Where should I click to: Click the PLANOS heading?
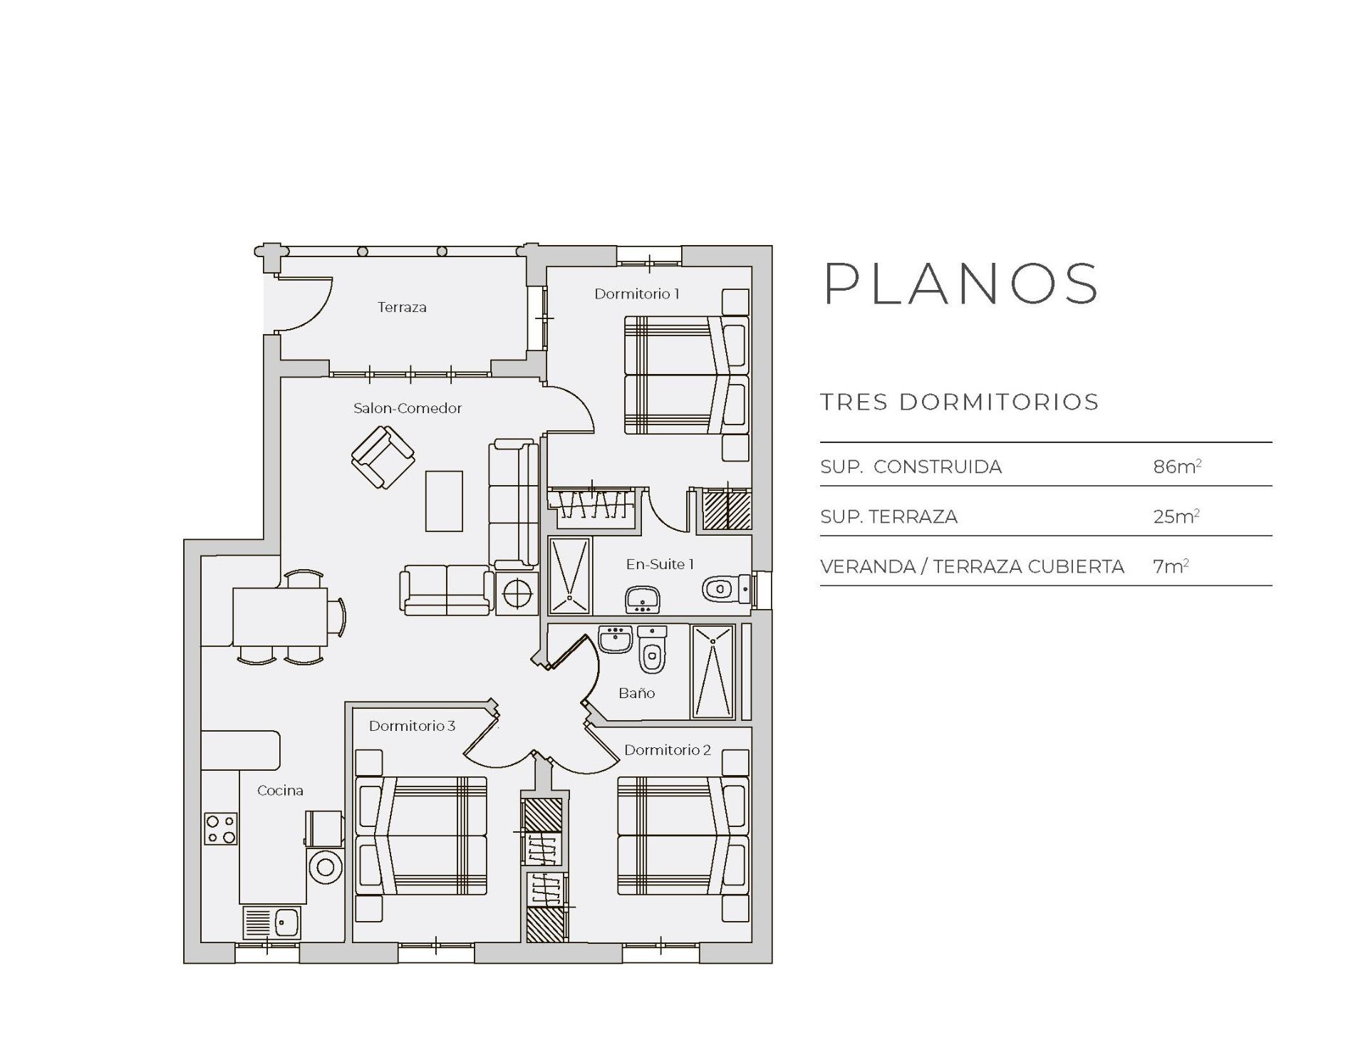(960, 284)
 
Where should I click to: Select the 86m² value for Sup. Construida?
(1176, 467)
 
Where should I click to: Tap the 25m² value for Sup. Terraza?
(1176, 516)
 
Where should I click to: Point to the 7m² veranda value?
(1170, 566)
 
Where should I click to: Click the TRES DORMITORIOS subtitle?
(959, 402)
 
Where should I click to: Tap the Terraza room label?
(402, 307)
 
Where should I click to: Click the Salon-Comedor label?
(408, 408)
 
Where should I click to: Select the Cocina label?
(280, 790)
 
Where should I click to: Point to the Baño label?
(636, 692)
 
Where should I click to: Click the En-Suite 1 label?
(659, 564)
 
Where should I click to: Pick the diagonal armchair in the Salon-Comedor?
(383, 457)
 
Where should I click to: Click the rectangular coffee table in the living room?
(444, 501)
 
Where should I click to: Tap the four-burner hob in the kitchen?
(221, 828)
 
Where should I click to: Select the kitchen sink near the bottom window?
(272, 922)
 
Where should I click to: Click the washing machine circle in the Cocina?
(326, 867)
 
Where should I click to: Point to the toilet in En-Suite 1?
(723, 589)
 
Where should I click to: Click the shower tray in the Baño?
(712, 672)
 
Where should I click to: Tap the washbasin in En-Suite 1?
(643, 599)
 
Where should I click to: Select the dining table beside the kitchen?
(280, 617)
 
